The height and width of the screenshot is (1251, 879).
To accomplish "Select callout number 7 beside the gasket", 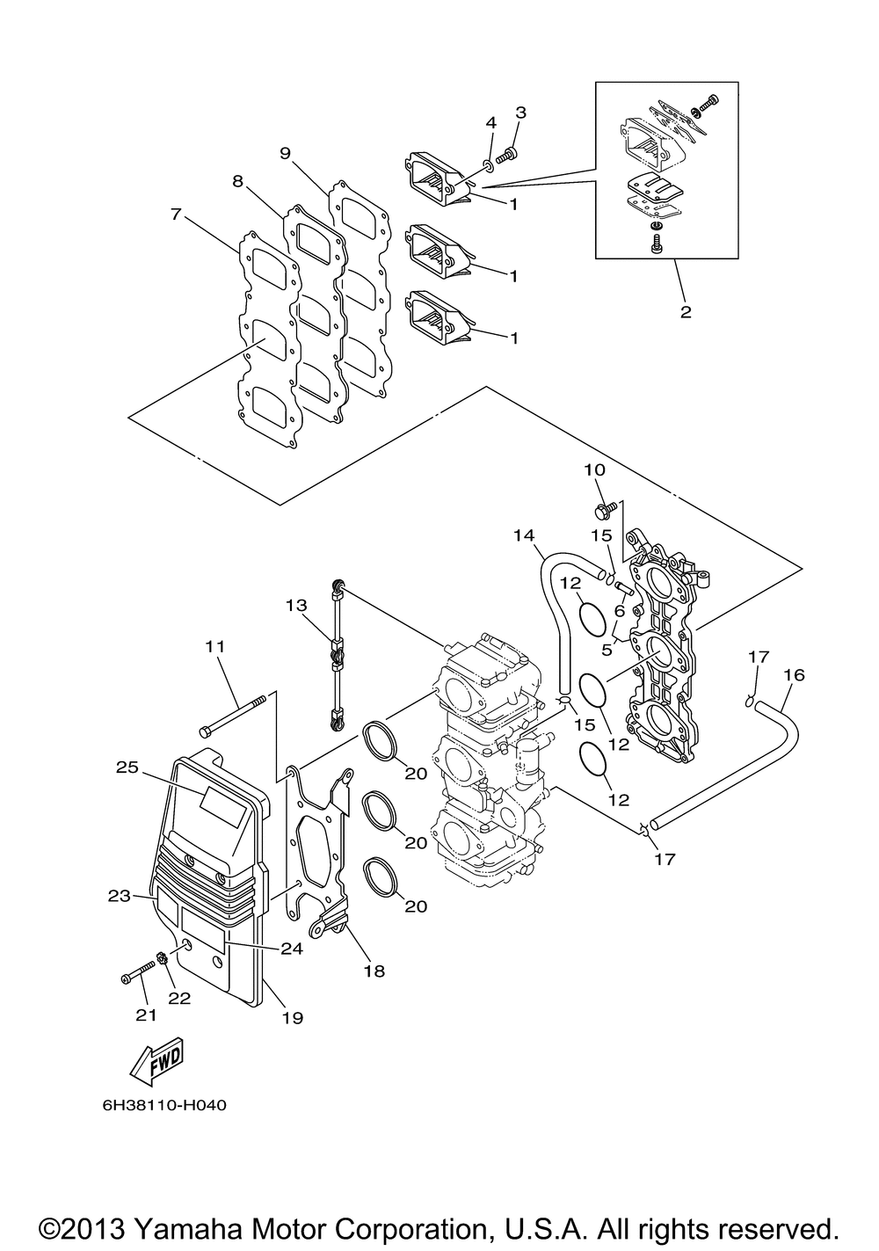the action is [x=177, y=215].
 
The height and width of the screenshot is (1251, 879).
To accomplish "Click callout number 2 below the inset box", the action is [x=686, y=311].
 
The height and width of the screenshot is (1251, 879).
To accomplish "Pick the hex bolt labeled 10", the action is [x=604, y=509].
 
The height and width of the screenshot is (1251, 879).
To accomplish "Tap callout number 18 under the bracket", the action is [x=374, y=971].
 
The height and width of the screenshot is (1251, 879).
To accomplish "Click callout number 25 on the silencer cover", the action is [x=127, y=767].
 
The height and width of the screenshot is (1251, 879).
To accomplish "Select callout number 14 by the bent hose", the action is [x=525, y=536].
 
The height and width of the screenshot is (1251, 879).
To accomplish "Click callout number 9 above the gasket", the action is [x=286, y=153].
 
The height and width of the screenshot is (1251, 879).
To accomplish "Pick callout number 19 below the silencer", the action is [x=293, y=1017].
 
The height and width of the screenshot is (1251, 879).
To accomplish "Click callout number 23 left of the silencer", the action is [x=119, y=897].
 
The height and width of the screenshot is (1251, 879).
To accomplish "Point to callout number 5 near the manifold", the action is [x=607, y=651].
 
